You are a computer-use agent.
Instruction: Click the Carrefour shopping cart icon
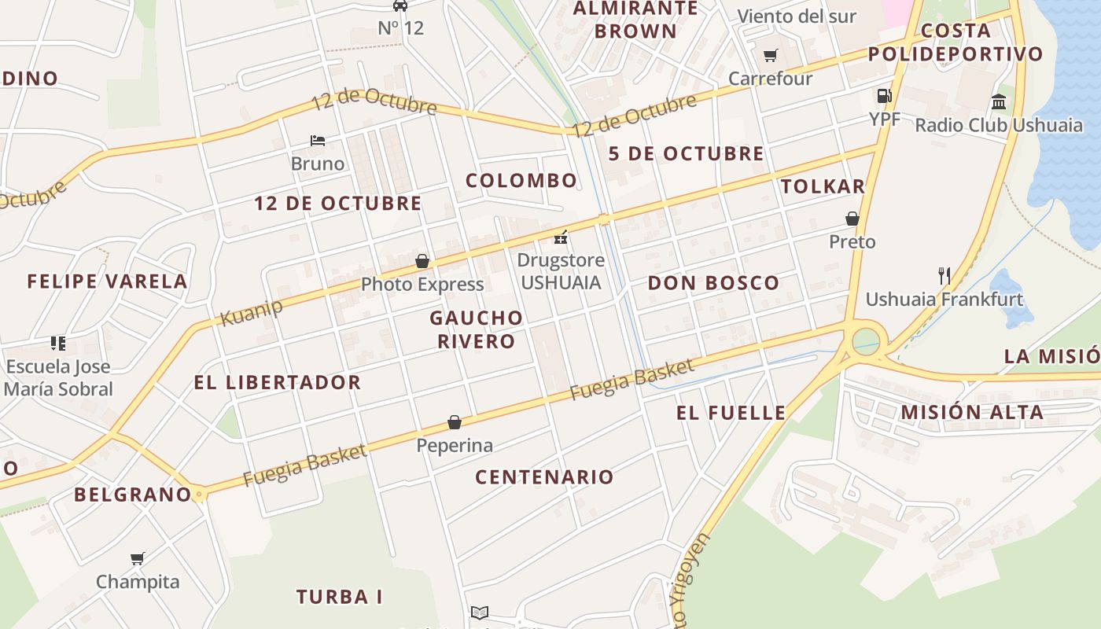click(x=770, y=55)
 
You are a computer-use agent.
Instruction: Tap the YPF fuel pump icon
click(x=885, y=96)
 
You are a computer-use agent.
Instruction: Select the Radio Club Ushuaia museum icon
click(x=999, y=101)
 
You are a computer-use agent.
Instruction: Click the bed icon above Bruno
click(x=318, y=141)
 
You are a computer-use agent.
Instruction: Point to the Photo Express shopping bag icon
click(x=422, y=260)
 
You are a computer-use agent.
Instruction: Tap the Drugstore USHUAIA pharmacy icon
click(x=561, y=237)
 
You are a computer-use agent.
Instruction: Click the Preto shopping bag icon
click(x=852, y=218)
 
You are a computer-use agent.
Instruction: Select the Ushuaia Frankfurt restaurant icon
click(x=944, y=275)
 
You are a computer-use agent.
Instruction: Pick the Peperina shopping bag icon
click(x=455, y=422)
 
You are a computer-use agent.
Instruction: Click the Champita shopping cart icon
click(x=138, y=558)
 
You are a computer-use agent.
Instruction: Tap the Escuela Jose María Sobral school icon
click(x=58, y=343)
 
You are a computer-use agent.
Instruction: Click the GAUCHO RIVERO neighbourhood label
click(x=477, y=329)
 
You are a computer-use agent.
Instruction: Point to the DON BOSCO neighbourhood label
click(x=713, y=283)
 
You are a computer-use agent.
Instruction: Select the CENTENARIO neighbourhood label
click(x=544, y=476)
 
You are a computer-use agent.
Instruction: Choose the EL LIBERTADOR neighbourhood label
click(x=278, y=383)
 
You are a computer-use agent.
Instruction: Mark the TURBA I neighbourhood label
click(x=340, y=597)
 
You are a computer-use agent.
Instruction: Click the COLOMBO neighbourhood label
click(x=521, y=181)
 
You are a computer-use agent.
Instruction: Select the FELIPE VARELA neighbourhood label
click(x=108, y=281)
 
